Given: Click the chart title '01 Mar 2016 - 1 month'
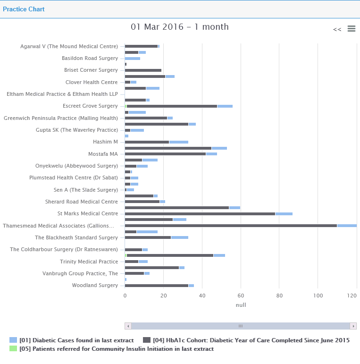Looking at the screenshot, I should coord(179,27).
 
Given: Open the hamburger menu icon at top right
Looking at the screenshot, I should coord(351,29).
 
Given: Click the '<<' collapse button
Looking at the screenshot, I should coord(337,29).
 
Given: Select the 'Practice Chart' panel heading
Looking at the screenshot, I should coord(24,9).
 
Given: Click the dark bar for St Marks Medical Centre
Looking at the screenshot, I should coord(200,213).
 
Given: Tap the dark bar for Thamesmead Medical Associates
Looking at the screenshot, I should coord(231,226).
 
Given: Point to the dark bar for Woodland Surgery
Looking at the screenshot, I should coord(157,285).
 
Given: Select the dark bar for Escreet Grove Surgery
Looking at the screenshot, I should coord(172,106).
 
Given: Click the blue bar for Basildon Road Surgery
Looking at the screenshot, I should coord(133,58).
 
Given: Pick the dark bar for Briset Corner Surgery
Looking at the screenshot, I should coord(143,70).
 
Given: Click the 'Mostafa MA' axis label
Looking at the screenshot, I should coord(103,154).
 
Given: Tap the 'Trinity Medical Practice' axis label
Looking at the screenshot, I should coord(89,262).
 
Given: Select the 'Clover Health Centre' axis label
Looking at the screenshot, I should coord(92,82).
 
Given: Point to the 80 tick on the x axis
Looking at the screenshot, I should coord(279,296).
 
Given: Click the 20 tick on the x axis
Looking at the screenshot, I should coord(163,296).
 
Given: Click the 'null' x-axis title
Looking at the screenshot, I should coord(241,305).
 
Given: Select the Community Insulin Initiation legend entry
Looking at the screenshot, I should coord(116,349).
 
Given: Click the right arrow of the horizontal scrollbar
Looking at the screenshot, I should coord(353,326).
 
